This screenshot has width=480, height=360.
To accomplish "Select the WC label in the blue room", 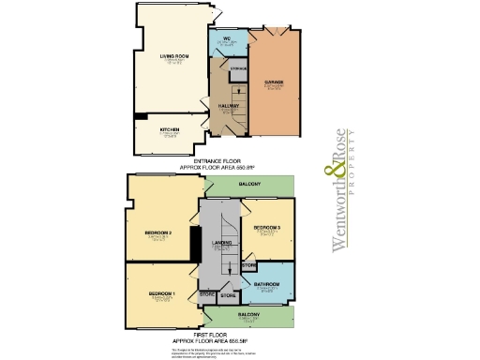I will (x=227, y=39).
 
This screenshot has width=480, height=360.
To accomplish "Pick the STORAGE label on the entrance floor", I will (x=238, y=68).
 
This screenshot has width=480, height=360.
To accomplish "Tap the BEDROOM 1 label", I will (x=161, y=295).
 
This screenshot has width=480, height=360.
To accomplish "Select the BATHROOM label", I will (x=266, y=283).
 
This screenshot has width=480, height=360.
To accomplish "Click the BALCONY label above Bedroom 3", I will (x=247, y=185).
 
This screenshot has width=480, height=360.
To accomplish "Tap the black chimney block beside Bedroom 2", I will (x=193, y=245).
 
